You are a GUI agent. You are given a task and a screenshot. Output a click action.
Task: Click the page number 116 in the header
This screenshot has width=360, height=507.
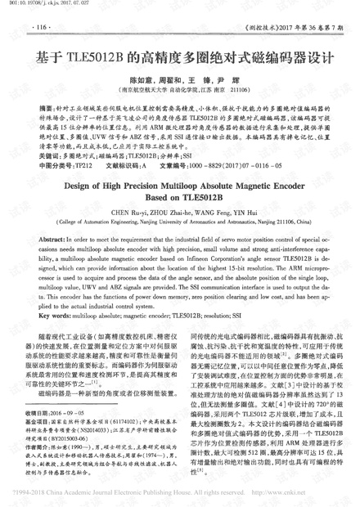tap(40, 27)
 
